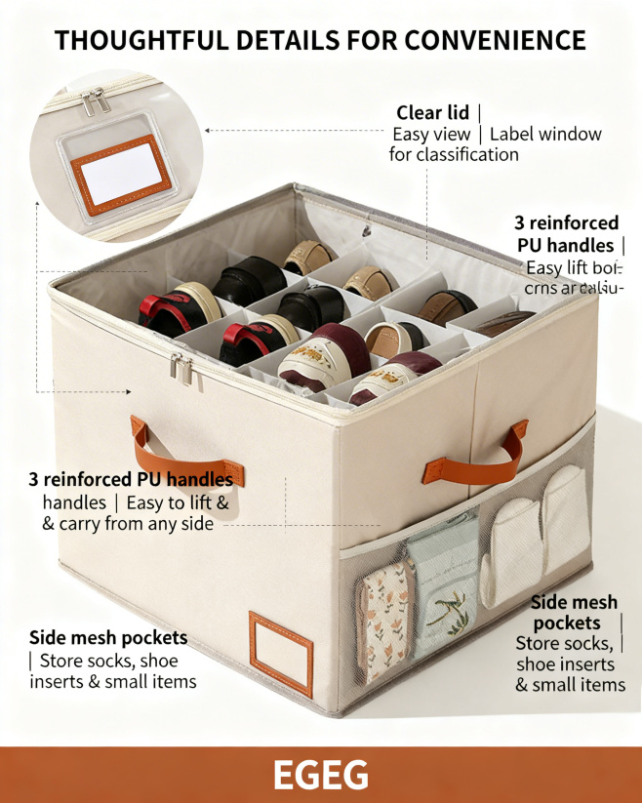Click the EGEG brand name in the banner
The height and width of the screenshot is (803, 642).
click(x=320, y=775)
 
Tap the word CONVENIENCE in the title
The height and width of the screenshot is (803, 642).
click(x=495, y=40)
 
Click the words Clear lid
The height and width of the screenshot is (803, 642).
click(x=432, y=112)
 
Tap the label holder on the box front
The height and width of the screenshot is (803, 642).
click(x=281, y=653)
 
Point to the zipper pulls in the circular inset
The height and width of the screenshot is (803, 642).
click(x=94, y=101)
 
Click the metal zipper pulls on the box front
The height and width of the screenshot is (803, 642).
click(x=181, y=368)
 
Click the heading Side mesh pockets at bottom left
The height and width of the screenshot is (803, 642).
click(x=108, y=637)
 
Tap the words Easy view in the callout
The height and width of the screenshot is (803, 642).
click(x=431, y=135)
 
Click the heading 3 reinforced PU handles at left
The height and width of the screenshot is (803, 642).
click(x=131, y=480)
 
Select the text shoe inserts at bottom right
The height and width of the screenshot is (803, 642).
click(x=566, y=664)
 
